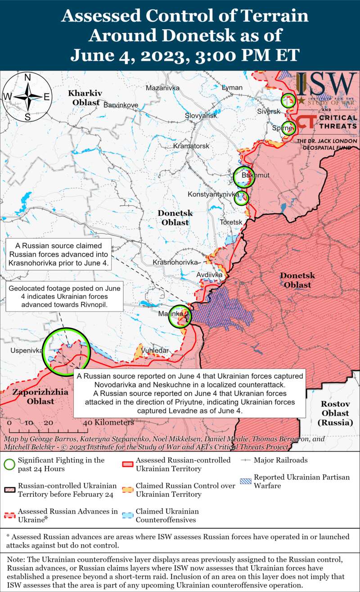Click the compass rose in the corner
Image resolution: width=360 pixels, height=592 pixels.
pos(27,97)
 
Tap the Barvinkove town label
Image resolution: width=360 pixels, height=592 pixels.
pos(121,105)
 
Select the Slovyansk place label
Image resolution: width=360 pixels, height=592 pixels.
pos(201,116)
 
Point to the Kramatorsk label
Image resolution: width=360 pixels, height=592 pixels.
pos(192,146)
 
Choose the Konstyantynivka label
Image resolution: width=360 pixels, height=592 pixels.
pos(213,194)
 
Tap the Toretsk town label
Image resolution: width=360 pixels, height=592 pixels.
pos(231,222)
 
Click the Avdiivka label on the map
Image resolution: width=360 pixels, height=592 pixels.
pos(209,274)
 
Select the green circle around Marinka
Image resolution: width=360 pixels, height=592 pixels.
pos(180,316)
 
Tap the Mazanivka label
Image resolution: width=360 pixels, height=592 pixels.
pos(163,88)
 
